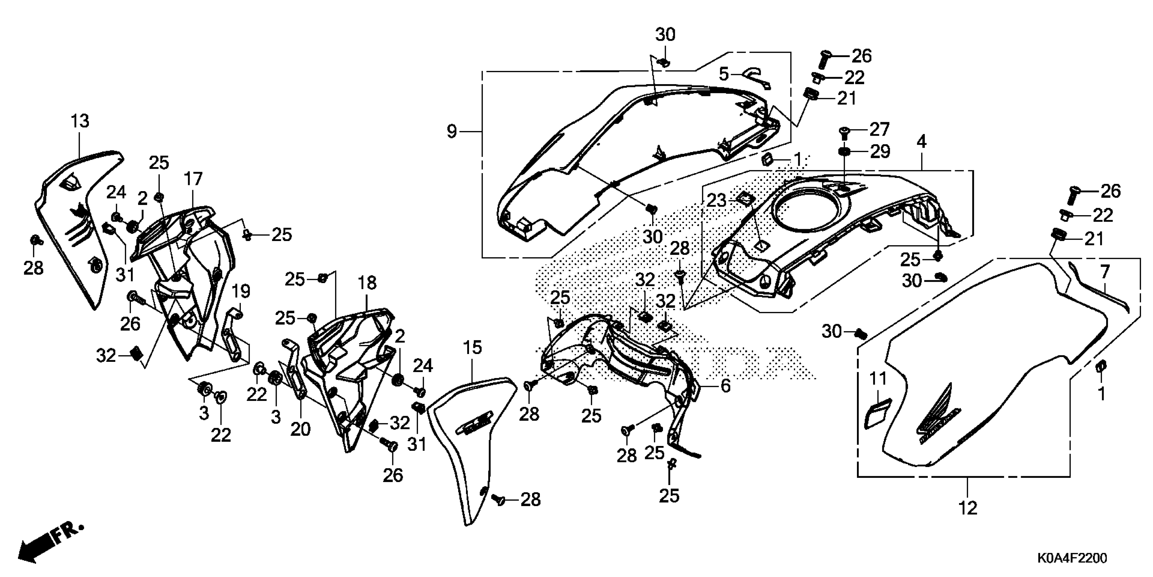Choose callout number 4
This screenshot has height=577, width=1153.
point(921,142)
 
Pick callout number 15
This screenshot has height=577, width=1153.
point(473,347)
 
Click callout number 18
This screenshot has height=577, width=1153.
point(367,283)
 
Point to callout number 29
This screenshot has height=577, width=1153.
point(880,152)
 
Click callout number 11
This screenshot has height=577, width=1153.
point(878,379)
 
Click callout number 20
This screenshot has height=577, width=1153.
point(300,429)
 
